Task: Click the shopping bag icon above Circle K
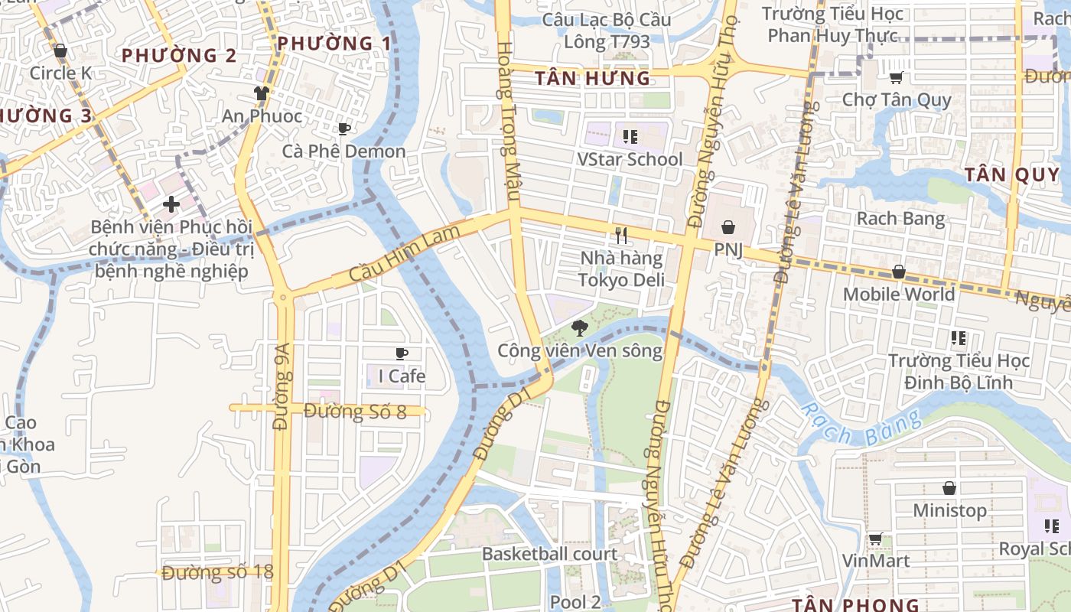tap(60, 50)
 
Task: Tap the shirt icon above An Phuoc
tap(262, 93)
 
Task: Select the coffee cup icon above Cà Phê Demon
tap(343, 129)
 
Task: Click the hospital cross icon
tap(171, 204)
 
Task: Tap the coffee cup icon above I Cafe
tap(401, 353)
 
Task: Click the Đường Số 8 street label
tap(355, 411)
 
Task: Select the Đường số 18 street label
tap(217, 572)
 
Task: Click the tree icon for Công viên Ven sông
tap(579, 328)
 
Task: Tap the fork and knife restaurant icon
tap(621, 236)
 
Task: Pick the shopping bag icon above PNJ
tap(728, 227)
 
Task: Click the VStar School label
tap(630, 159)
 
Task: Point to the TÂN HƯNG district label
tap(592, 78)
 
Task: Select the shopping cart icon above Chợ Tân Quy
tap(896, 77)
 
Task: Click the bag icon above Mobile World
tap(899, 272)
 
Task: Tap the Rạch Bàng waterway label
tap(861, 427)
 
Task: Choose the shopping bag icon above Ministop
tap(949, 488)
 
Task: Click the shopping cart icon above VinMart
tap(875, 539)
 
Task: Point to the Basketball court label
tap(549, 554)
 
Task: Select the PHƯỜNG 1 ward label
tap(334, 44)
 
